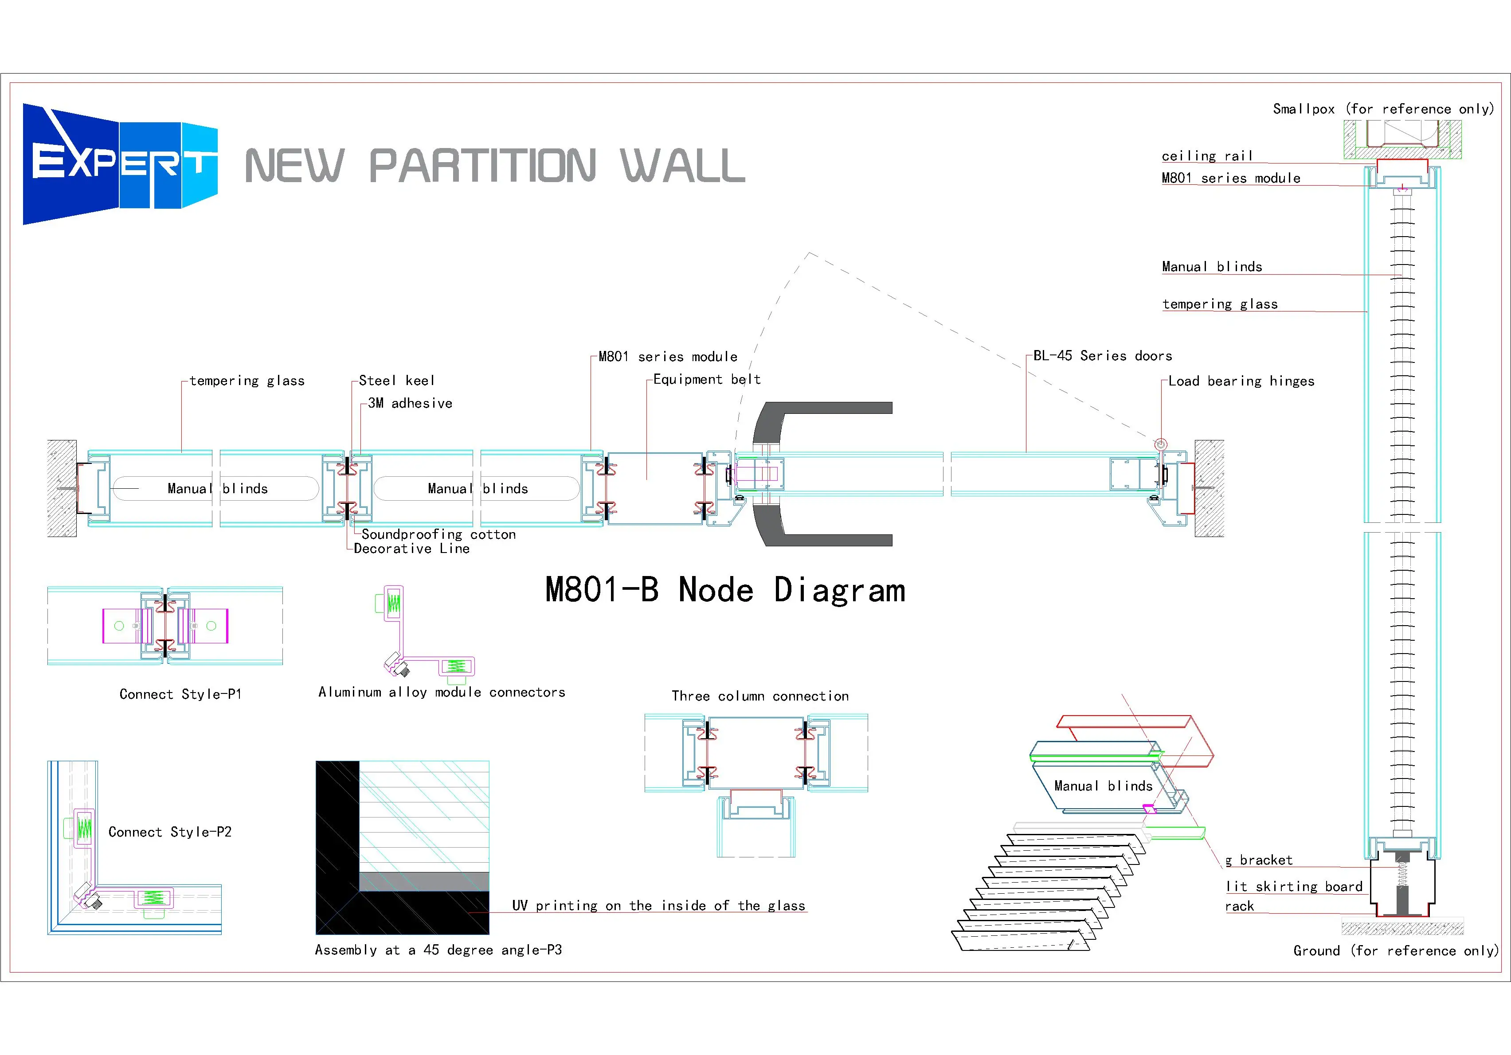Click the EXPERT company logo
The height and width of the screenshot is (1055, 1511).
pos(120,164)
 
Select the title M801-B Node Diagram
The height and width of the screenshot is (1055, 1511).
pos(724,590)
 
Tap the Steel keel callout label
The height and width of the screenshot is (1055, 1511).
pos(396,381)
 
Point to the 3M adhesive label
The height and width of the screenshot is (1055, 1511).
pos(410,403)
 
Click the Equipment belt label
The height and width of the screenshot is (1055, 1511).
pos(706,380)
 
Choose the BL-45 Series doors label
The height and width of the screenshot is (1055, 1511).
pos(1102,356)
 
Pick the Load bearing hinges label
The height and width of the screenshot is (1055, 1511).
pos(1241,382)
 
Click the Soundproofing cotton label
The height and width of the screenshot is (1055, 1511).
pos(438,534)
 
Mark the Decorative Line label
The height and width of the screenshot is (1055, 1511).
pos(411,549)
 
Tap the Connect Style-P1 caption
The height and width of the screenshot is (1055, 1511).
pos(180,694)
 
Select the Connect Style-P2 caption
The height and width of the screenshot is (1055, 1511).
pos(170,832)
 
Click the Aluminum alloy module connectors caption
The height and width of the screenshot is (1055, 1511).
pos(442,692)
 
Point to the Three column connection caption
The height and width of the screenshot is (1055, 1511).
pos(759,696)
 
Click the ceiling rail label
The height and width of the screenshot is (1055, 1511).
pos(1206,156)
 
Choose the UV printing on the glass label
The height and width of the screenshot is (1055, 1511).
pos(658,906)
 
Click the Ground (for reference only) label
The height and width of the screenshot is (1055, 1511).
pos(1395,950)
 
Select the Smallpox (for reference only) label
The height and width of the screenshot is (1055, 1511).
pos(1383,109)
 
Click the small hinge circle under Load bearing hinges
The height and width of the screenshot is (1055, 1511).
pos(1161,444)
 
